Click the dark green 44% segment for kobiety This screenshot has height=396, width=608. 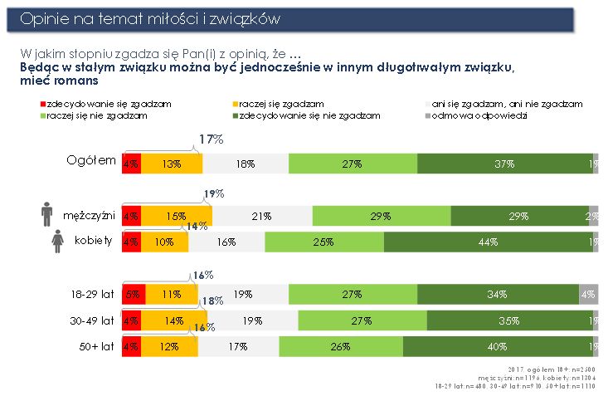coord(489,242)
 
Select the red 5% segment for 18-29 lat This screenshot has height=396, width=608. coord(134,294)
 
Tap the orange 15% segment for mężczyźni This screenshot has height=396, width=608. coord(176,216)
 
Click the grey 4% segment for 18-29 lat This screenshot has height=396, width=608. coord(588,294)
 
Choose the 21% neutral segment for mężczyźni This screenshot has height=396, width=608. coord(262,216)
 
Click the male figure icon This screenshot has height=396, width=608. coord(47,214)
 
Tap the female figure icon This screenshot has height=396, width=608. coord(58,242)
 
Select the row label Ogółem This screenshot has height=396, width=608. coord(91,161)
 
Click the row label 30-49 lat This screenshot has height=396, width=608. coord(92,320)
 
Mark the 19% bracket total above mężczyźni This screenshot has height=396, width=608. coord(214,194)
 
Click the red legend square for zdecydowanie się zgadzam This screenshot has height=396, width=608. coord(42,104)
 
